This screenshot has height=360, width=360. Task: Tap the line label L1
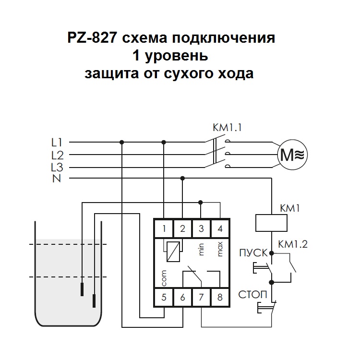(57, 142)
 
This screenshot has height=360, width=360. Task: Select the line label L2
(57, 155)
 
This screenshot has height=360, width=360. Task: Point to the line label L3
(57, 167)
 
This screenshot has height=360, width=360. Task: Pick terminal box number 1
(164, 228)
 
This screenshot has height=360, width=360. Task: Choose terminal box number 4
(220, 228)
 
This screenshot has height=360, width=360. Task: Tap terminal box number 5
(164, 297)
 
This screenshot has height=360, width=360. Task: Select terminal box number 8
(220, 297)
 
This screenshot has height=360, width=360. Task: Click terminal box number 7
(201, 297)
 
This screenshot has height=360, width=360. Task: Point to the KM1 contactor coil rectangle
(272, 224)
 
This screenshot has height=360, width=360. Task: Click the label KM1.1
(228, 129)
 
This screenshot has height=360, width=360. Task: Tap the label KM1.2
(293, 244)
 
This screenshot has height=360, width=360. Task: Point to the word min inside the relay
(202, 249)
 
